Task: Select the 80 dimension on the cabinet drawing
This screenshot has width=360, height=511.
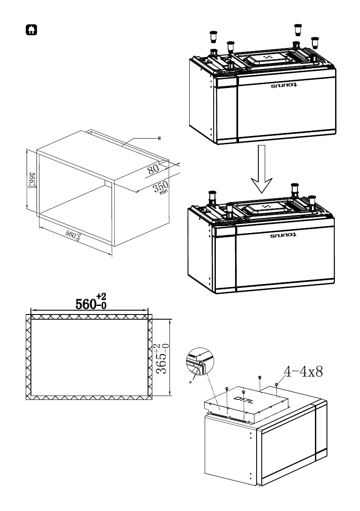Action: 153,168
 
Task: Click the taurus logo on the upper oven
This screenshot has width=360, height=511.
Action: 284,86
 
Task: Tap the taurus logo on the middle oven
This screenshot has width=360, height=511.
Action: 284,236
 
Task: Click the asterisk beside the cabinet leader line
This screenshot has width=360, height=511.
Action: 159,139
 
